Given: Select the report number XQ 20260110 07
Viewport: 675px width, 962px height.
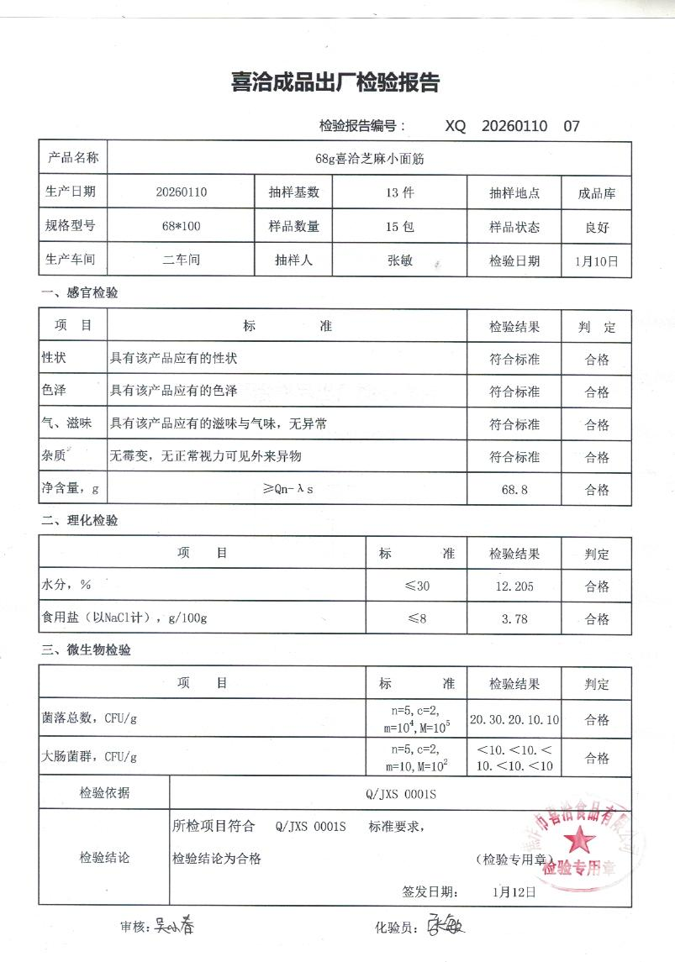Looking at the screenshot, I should (x=512, y=126).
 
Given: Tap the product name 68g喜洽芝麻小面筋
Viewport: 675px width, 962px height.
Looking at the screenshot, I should (x=369, y=157).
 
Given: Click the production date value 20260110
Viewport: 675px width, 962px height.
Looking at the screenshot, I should (x=181, y=192).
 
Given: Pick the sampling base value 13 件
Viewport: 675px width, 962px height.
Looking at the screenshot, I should (x=399, y=192).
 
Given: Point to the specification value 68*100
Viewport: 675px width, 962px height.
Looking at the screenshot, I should (x=181, y=226).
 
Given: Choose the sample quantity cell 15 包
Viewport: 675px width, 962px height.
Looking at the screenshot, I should (x=399, y=227).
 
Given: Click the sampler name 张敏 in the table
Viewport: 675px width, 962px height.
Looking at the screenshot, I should (x=399, y=260).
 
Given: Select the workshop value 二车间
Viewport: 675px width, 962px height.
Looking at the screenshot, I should (x=181, y=260).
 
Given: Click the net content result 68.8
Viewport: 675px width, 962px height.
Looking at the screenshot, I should (x=514, y=489).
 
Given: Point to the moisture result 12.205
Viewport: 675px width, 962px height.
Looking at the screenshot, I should (x=514, y=586).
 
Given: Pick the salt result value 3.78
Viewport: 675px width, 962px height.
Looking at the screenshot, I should (x=514, y=619).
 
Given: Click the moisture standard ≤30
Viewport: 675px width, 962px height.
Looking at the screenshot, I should (x=418, y=586).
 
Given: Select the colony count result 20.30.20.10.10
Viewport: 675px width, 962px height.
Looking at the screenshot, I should (x=514, y=720).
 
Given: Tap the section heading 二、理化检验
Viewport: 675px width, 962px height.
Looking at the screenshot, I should (x=80, y=521).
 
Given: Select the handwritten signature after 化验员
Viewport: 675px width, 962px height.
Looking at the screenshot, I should (x=446, y=927).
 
